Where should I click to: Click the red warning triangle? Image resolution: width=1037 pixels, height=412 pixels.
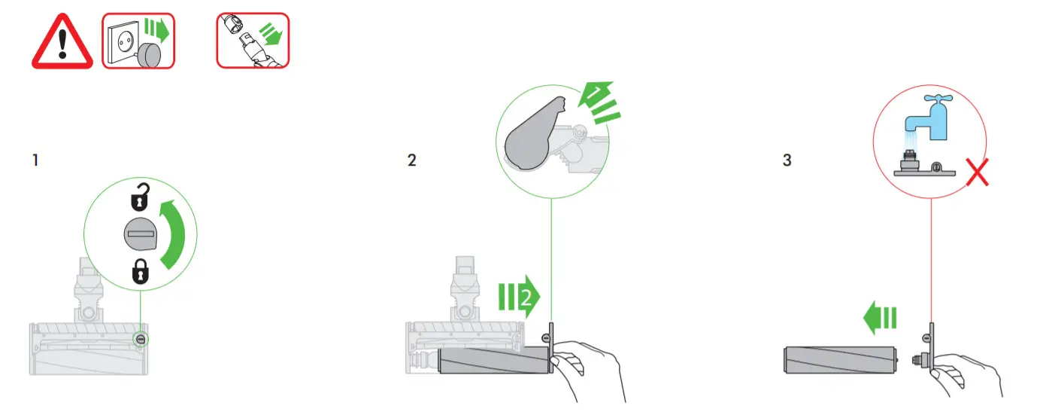(x=62, y=44)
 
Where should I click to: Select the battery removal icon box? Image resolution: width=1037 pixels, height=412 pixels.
(x=253, y=41)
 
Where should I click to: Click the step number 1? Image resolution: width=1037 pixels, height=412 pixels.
(x=35, y=160)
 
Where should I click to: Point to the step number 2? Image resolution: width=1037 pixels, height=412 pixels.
(x=411, y=160)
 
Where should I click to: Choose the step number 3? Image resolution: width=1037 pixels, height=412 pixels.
(x=787, y=160)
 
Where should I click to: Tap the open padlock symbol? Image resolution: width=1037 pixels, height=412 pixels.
(x=141, y=199)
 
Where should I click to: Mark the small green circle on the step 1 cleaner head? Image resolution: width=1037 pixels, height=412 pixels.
(x=141, y=339)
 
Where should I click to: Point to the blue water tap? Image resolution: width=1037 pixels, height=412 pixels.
(x=924, y=117)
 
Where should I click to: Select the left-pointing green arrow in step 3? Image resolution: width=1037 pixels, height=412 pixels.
(x=880, y=319)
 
